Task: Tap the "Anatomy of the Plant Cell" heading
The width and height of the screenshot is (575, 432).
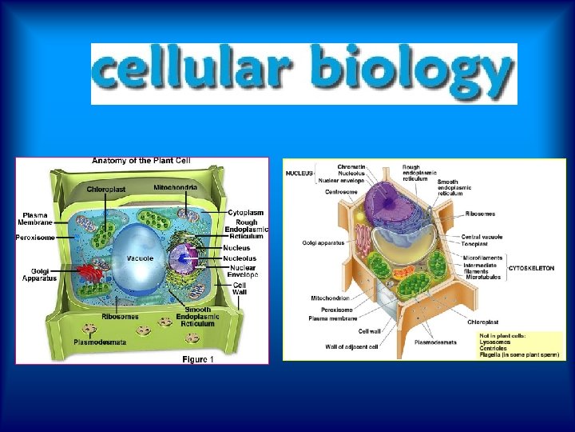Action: (141, 161)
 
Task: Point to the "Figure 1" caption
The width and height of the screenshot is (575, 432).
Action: (198, 359)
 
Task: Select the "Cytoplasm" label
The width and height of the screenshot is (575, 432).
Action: (245, 212)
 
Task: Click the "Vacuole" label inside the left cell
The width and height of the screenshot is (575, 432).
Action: (141, 258)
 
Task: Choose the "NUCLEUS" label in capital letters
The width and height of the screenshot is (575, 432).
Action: (300, 173)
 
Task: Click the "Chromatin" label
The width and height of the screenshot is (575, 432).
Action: (351, 166)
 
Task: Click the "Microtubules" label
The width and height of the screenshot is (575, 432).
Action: (482, 277)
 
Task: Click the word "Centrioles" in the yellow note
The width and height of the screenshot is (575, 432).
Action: (494, 348)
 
